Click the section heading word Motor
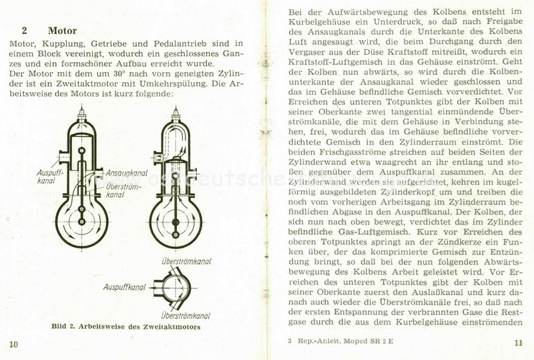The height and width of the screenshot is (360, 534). tap(62, 31)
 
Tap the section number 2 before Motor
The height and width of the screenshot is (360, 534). tap(24, 31)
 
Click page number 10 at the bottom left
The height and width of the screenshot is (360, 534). tap(13, 343)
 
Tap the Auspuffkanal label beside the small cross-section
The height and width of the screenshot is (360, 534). tap(125, 287)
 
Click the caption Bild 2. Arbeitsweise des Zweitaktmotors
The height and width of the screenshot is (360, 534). tap(125, 327)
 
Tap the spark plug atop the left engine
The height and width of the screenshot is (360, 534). tap(81, 114)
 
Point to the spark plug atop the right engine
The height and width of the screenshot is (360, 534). tap(176, 114)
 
